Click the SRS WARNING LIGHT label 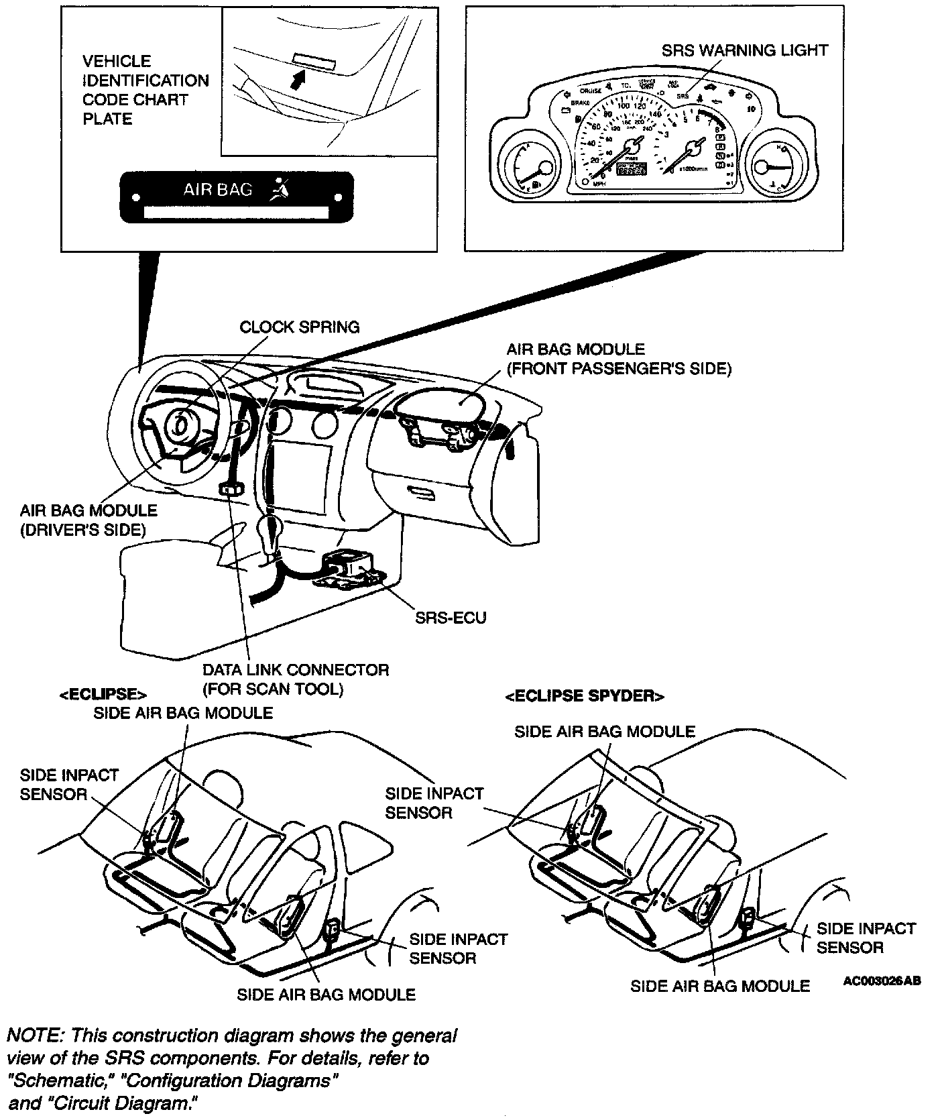pyautogui.click(x=744, y=50)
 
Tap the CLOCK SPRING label pyautogui.click(x=299, y=327)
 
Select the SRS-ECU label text pyautogui.click(x=451, y=618)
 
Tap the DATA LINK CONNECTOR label pyautogui.click(x=296, y=679)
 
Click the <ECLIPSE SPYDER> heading pyautogui.click(x=584, y=696)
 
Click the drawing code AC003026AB pyautogui.click(x=882, y=981)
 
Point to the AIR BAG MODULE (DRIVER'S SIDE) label pyautogui.click(x=88, y=520)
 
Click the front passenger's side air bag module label pyautogui.click(x=618, y=359)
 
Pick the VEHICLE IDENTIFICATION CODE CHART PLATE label pyautogui.click(x=145, y=90)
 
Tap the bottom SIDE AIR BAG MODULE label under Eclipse pyautogui.click(x=326, y=994)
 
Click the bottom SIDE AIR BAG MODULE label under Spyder pyautogui.click(x=720, y=986)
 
